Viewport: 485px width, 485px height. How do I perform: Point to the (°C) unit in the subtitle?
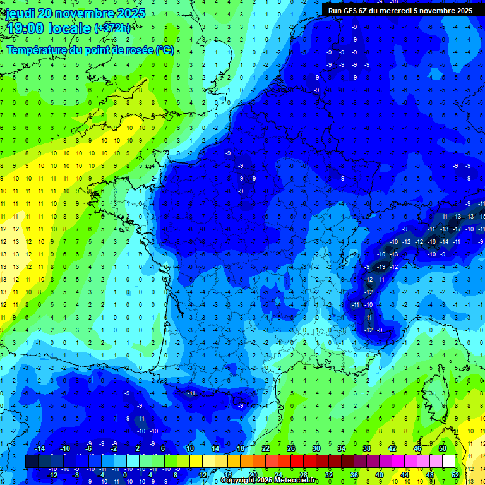click(165, 50)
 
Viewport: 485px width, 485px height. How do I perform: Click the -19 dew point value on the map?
click(381, 266)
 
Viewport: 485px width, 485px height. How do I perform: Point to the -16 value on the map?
click(432, 241)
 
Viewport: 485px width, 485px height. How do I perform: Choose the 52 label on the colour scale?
click(455, 474)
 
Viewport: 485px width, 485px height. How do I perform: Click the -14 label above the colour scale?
click(39, 448)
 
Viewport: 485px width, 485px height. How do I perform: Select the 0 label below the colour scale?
click(124, 474)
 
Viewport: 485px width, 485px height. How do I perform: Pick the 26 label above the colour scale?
click(291, 448)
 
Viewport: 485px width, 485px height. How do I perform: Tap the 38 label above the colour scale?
click(367, 448)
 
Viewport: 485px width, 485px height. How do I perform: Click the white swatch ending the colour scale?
click(449, 461)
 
